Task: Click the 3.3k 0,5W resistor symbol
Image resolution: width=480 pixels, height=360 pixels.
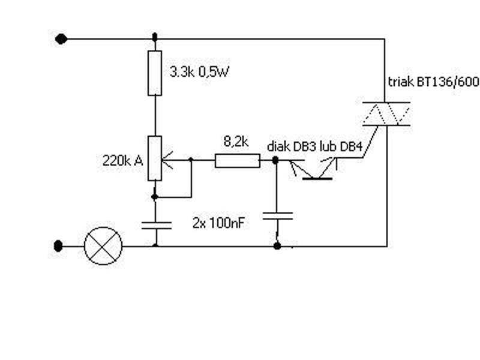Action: (155, 73)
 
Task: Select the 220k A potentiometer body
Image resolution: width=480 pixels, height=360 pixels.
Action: (155, 158)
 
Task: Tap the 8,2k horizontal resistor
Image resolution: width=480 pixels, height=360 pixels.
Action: (238, 161)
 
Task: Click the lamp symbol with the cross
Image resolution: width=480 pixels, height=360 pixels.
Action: (103, 246)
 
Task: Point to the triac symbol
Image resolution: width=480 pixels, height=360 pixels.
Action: (386, 114)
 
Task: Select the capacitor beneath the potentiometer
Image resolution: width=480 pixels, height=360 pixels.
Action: (157, 226)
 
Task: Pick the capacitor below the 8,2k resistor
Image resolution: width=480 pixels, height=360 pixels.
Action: (278, 216)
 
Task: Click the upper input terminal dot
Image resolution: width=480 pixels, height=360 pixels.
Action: (61, 39)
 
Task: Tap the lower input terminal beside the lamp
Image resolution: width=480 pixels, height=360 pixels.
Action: (58, 246)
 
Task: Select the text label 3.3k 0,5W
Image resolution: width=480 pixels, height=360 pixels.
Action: (199, 72)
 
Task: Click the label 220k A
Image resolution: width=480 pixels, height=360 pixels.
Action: (123, 161)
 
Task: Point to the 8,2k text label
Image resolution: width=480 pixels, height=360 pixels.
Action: (236, 142)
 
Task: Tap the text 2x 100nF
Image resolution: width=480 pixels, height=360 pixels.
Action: (218, 223)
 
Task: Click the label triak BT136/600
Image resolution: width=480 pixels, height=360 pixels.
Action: (433, 82)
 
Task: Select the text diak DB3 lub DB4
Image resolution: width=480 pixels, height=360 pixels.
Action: (314, 146)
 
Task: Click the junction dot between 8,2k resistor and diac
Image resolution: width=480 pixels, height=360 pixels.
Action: (275, 160)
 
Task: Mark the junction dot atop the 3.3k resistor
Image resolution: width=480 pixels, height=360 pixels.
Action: (155, 37)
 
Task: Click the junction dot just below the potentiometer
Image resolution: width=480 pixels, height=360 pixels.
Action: (155, 197)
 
